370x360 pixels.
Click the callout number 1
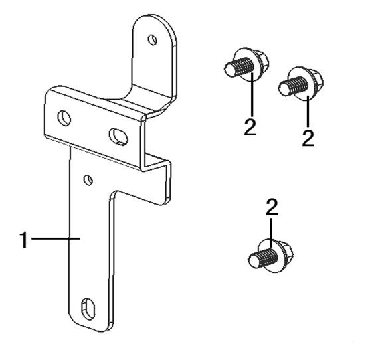pyautogui.click(x=24, y=240)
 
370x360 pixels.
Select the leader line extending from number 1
pyautogui.click(x=55, y=238)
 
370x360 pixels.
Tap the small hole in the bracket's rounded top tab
pyautogui.click(x=152, y=40)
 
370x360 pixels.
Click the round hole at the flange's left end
pyautogui.click(x=64, y=118)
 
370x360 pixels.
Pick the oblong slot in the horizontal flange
pyautogui.click(x=118, y=136)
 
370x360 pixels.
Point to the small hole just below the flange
pyautogui.click(x=88, y=180)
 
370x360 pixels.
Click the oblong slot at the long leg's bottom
pyautogui.click(x=88, y=309)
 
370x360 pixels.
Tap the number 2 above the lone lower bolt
pyautogui.click(x=272, y=207)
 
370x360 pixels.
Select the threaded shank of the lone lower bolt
pyautogui.click(x=263, y=258)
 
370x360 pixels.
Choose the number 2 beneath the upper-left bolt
pyautogui.click(x=250, y=127)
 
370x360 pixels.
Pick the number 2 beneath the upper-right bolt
pyautogui.click(x=308, y=138)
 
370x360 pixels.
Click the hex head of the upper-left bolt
pyautogui.click(x=261, y=60)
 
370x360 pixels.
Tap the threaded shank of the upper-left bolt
pyautogui.click(x=238, y=67)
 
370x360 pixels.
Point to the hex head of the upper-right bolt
pyautogui.click(x=316, y=79)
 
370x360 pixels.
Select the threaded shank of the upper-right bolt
pyautogui.click(x=294, y=86)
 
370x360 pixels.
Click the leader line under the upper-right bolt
pyautogui.click(x=308, y=112)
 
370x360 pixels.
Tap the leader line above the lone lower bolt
pyautogui.click(x=271, y=232)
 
